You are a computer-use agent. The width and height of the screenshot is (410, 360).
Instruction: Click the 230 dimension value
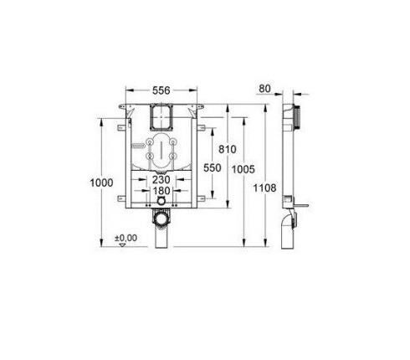(x=163, y=179)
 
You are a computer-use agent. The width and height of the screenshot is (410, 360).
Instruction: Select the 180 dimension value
(x=163, y=191)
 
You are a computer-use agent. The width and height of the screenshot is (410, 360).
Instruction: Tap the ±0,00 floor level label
(x=126, y=237)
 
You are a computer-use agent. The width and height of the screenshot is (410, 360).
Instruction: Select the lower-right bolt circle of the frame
(x=173, y=157)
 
